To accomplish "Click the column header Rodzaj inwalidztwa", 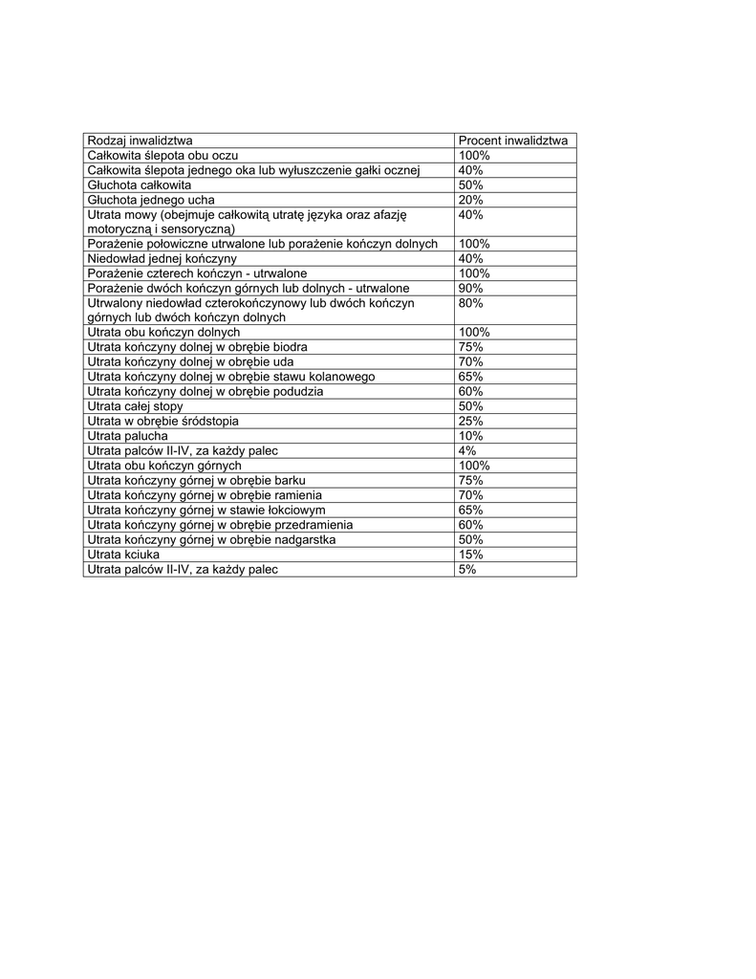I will coord(139,141).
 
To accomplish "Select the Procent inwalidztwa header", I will coord(512,141).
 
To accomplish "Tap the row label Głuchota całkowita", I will coord(139,185).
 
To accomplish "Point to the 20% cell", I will coord(470,200).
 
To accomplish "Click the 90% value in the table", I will coord(470,288).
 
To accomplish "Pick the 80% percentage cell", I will coord(470,303).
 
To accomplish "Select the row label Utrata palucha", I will coord(127,436).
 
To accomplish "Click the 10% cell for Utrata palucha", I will coord(470,436).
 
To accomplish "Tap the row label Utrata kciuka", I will coord(123,555).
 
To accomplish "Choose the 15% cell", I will coord(470,555).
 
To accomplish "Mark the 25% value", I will coord(470,421).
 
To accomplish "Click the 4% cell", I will coord(467,450).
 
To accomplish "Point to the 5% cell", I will coord(467,569).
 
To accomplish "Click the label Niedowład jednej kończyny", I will coord(162,258).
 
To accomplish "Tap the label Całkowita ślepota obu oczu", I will coord(162,155).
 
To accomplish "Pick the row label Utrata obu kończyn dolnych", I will coord(163,332).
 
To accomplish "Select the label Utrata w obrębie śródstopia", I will coord(162,421).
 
